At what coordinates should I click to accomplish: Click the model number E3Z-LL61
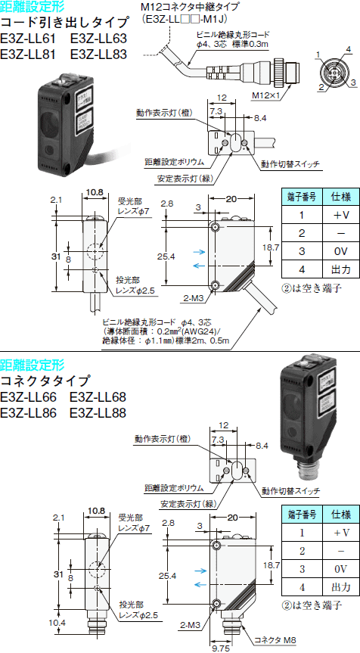click(x=28, y=39)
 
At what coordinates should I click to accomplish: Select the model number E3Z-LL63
click(x=98, y=39)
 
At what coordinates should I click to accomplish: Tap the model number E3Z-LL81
click(x=28, y=54)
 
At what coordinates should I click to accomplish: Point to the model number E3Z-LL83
click(x=98, y=54)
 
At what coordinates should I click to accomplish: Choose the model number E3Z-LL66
click(x=28, y=396)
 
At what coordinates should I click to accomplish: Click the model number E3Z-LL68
click(x=98, y=396)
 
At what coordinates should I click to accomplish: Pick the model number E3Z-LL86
click(x=28, y=412)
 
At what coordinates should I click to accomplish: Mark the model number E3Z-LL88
click(x=98, y=412)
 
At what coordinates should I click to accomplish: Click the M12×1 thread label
click(x=265, y=96)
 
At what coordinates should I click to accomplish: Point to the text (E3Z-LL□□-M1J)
click(x=185, y=19)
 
